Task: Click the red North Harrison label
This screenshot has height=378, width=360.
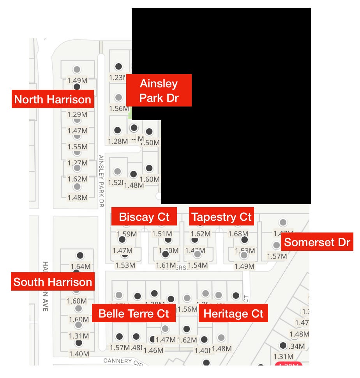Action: coord(53,99)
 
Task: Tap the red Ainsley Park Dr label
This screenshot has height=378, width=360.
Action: coord(159,91)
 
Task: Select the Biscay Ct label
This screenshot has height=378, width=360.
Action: coord(144,217)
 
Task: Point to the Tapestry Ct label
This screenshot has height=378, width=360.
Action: coord(222,217)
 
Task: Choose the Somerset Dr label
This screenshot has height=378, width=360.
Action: coord(317,242)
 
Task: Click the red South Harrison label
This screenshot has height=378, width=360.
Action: coord(53,282)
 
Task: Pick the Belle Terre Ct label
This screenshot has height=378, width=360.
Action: coord(134,313)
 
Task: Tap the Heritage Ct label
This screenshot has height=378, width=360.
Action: coord(233,313)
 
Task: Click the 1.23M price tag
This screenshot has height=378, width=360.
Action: coord(117,78)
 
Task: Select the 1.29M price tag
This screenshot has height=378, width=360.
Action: coord(77,115)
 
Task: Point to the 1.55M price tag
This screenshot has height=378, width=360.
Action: coord(77,147)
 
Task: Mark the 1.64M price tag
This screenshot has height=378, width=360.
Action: coord(80,267)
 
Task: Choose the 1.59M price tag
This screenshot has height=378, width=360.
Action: coord(127,234)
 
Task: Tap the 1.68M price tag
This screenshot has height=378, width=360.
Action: coord(238,234)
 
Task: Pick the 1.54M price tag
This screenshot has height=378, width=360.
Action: coord(198,265)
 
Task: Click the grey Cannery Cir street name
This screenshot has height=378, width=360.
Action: coord(118,361)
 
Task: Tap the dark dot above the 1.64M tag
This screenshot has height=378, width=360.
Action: coord(80,256)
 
